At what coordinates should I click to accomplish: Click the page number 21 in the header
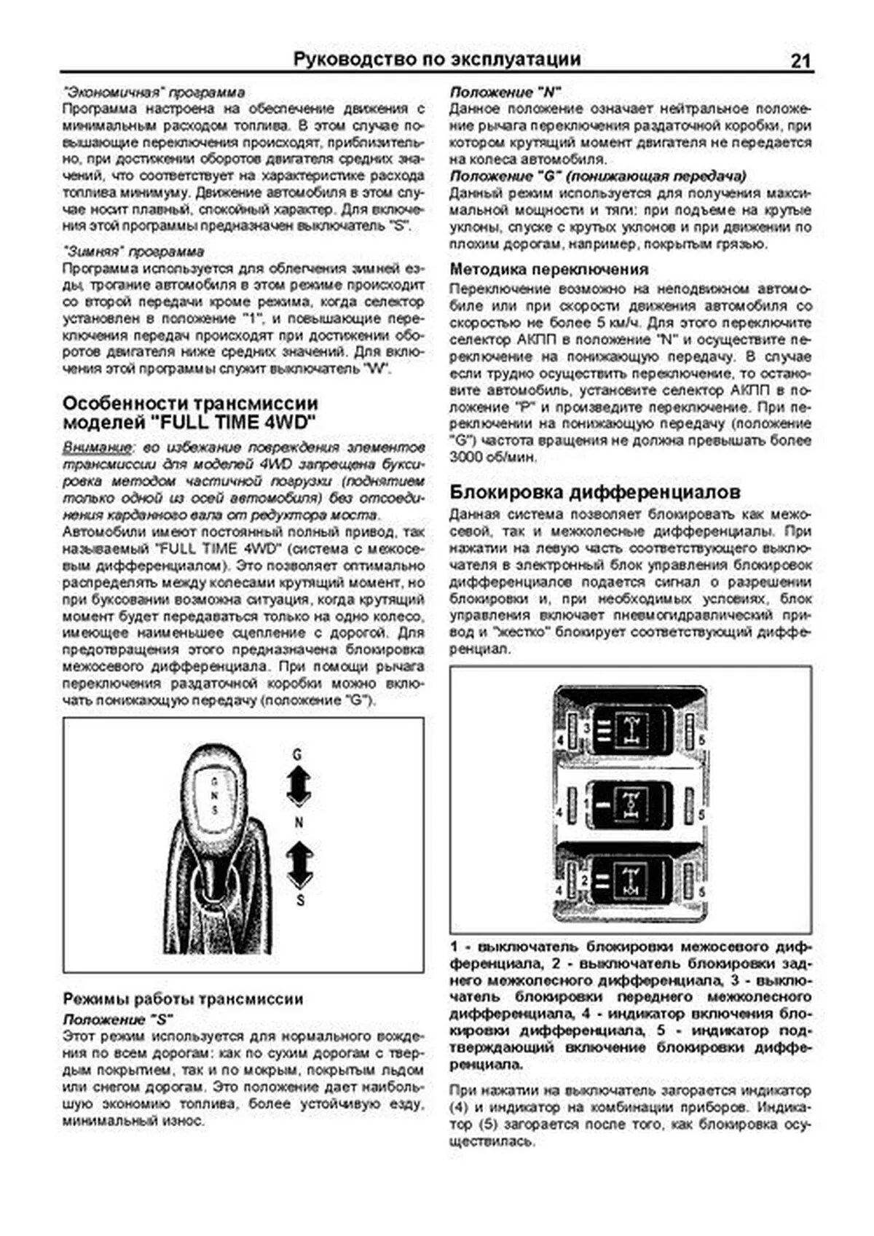(799, 60)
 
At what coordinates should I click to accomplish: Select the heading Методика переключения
(548, 269)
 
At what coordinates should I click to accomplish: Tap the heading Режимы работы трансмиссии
(183, 998)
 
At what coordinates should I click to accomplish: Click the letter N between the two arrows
(299, 823)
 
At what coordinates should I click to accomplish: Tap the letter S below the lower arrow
(300, 901)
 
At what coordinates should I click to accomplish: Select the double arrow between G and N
(298, 786)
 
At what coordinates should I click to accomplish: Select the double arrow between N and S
(299, 864)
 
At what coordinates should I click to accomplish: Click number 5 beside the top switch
(702, 740)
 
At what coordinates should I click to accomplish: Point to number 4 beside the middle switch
(559, 812)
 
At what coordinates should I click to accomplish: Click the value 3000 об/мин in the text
(493, 457)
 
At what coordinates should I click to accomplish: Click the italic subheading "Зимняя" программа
(133, 251)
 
